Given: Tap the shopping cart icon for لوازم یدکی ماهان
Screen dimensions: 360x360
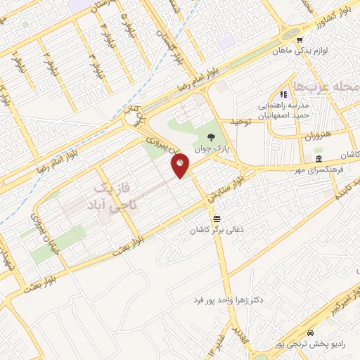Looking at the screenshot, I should coord(300,40).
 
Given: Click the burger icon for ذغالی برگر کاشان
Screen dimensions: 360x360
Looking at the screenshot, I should coord(217,219).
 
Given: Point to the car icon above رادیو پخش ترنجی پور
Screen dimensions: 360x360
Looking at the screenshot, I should coord(310,333).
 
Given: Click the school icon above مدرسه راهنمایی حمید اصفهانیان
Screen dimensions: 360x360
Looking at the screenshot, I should coord(283,94).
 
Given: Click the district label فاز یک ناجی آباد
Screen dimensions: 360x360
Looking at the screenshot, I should coord(108,196).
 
